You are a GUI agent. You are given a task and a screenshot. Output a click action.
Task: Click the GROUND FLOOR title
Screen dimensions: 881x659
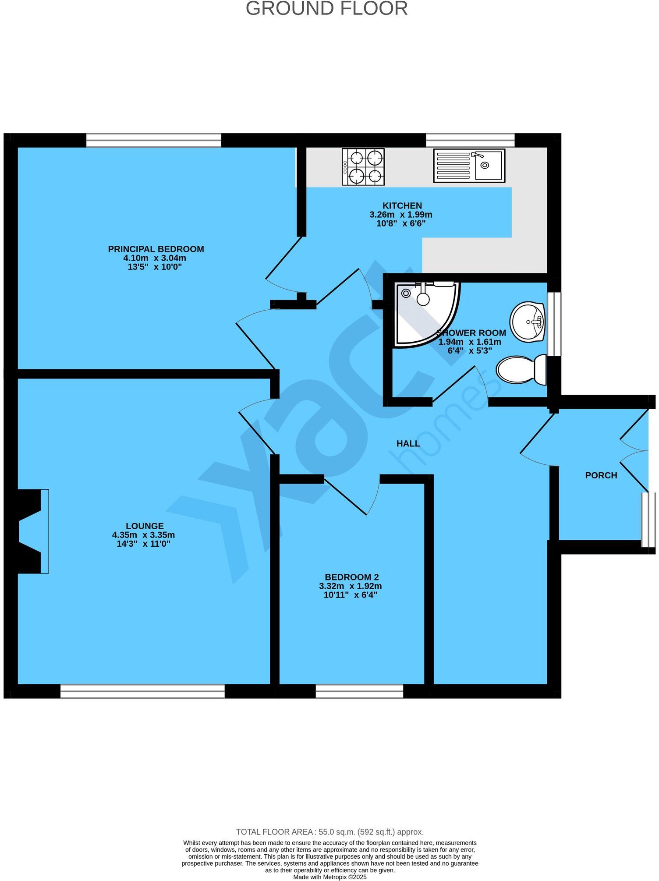326,9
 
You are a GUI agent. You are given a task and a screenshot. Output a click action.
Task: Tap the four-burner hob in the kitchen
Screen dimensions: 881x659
363,166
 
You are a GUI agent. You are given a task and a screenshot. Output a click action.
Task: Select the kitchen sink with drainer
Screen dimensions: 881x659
469,165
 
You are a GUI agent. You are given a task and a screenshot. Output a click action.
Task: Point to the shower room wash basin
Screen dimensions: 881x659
528,322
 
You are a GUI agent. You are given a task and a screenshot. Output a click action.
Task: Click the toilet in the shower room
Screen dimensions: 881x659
521,369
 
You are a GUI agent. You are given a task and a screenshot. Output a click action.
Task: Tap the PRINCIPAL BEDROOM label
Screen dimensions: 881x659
156,249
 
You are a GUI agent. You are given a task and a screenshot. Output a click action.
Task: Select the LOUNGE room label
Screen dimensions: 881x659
145,526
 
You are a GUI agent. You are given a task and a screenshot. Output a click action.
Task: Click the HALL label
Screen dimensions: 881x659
408,443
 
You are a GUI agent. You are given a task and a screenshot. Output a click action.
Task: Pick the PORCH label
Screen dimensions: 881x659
601,475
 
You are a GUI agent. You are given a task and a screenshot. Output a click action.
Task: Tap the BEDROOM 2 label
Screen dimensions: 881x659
351,577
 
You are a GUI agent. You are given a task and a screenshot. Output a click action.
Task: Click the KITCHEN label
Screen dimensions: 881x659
402,205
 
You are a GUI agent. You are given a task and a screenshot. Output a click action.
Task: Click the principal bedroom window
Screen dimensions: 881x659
153,140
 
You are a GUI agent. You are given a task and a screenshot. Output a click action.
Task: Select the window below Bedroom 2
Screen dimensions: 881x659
359,691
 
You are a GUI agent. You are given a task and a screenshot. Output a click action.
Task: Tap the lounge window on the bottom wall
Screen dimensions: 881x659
142,691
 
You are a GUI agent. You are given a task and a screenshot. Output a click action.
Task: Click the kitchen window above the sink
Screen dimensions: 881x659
470,140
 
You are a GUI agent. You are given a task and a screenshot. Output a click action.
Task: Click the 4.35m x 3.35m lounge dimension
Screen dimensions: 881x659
143,535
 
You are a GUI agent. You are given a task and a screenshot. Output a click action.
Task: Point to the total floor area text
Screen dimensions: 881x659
329,832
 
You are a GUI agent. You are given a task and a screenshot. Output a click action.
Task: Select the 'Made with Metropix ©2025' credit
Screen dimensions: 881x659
329,877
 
